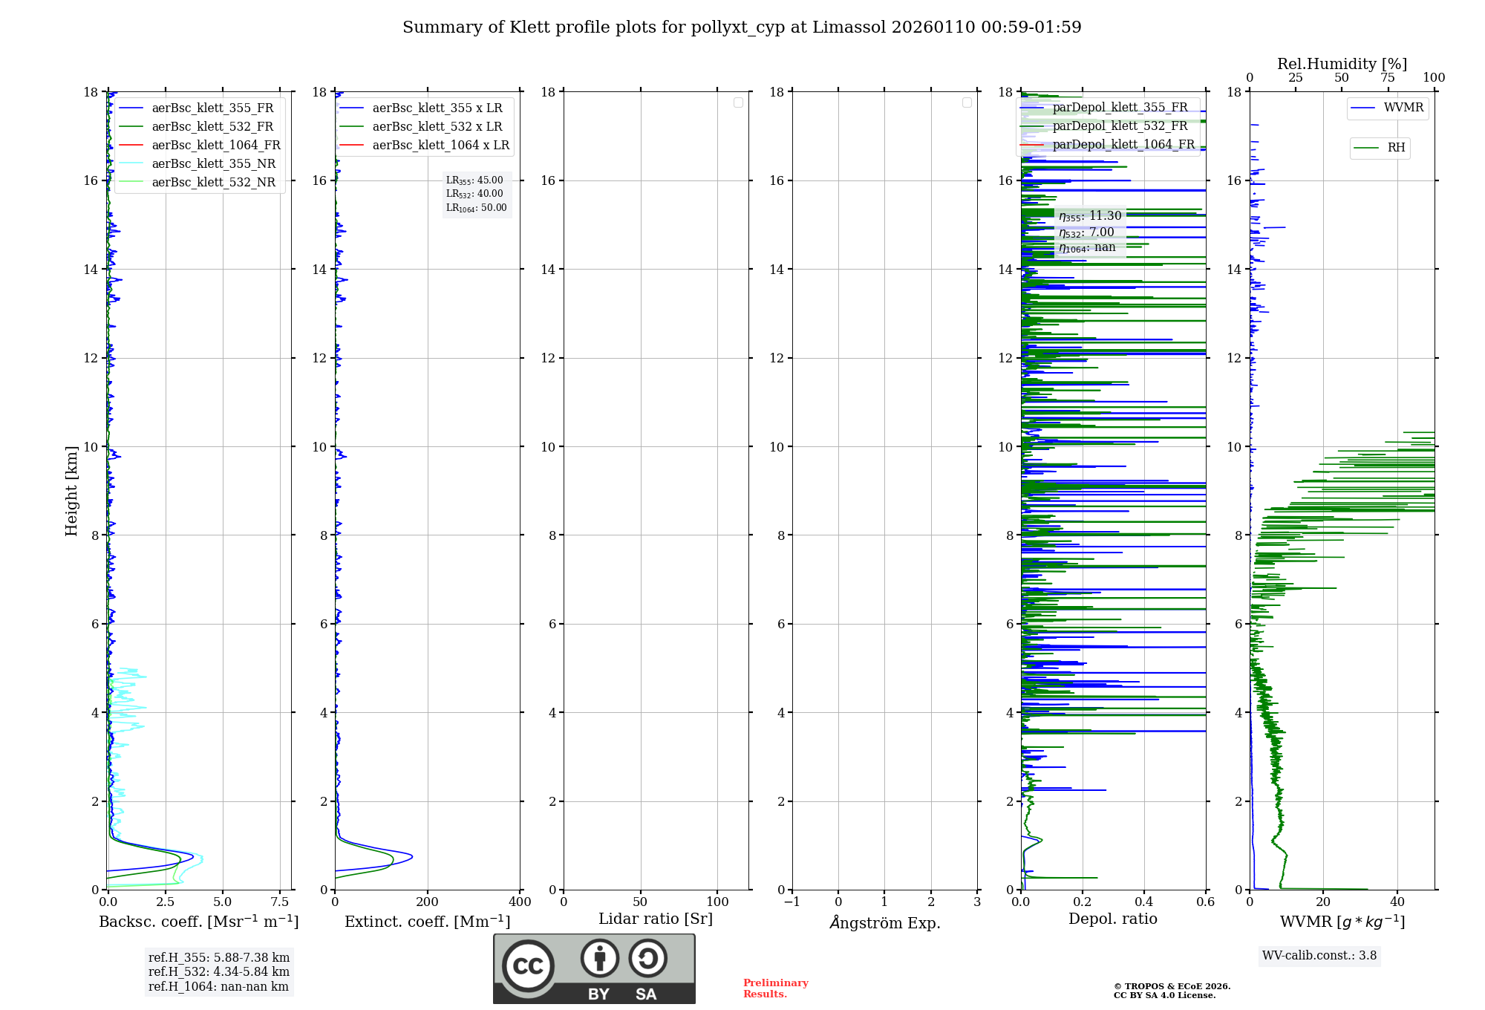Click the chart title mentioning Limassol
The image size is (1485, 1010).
tap(742, 27)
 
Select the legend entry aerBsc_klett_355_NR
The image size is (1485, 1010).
tap(213, 163)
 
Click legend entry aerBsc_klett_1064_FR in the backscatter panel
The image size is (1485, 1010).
tap(215, 145)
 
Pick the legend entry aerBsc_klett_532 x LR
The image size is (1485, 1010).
tap(437, 126)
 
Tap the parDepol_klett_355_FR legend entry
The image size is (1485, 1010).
tap(1120, 107)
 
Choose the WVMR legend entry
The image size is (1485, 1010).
tap(1403, 108)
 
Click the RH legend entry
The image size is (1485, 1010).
tap(1396, 148)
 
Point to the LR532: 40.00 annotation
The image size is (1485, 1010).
tap(474, 194)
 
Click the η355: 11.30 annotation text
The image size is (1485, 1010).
tap(1090, 216)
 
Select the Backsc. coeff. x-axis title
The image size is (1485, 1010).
tap(199, 922)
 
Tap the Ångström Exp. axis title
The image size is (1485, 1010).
tap(885, 922)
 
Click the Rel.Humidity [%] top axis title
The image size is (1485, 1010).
tap(1342, 64)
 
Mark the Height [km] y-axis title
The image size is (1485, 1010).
tap(71, 491)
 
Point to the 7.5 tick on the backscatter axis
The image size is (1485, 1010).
tap(280, 902)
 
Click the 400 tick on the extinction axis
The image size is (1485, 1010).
tap(520, 902)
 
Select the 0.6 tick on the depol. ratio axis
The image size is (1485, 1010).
tap(1205, 902)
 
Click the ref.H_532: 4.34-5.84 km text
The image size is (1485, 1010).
tap(219, 972)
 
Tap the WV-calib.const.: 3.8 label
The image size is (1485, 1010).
tap(1319, 956)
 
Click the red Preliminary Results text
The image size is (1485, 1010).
tap(775, 988)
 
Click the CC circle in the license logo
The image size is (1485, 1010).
tap(528, 966)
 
